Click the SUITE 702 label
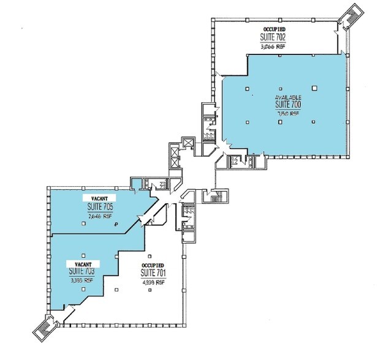tap(273, 37)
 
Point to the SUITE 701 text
tap(153, 272)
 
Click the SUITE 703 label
tap(82, 271)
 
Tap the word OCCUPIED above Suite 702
tap(273, 29)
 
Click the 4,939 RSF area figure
tap(153, 282)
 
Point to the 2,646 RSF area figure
tap(99, 216)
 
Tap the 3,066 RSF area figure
tap(273, 45)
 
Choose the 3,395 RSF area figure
tap(82, 280)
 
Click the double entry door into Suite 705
tap(145, 218)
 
